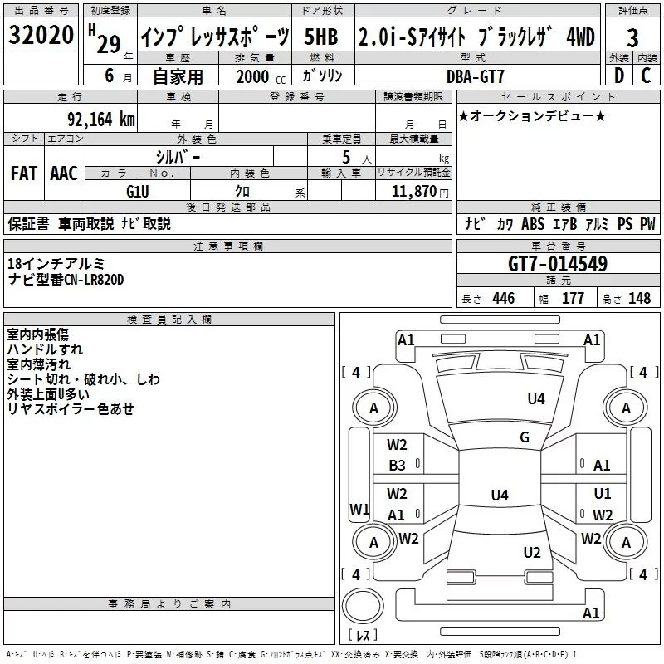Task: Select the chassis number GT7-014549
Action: point(557,265)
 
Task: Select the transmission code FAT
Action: point(23,173)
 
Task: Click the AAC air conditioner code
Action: point(63,173)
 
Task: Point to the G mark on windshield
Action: point(524,437)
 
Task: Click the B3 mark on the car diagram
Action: point(398,466)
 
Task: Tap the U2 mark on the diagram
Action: point(532,552)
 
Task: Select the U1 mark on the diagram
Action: point(602,493)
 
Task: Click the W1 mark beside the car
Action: point(359,509)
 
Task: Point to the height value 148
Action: point(639,299)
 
